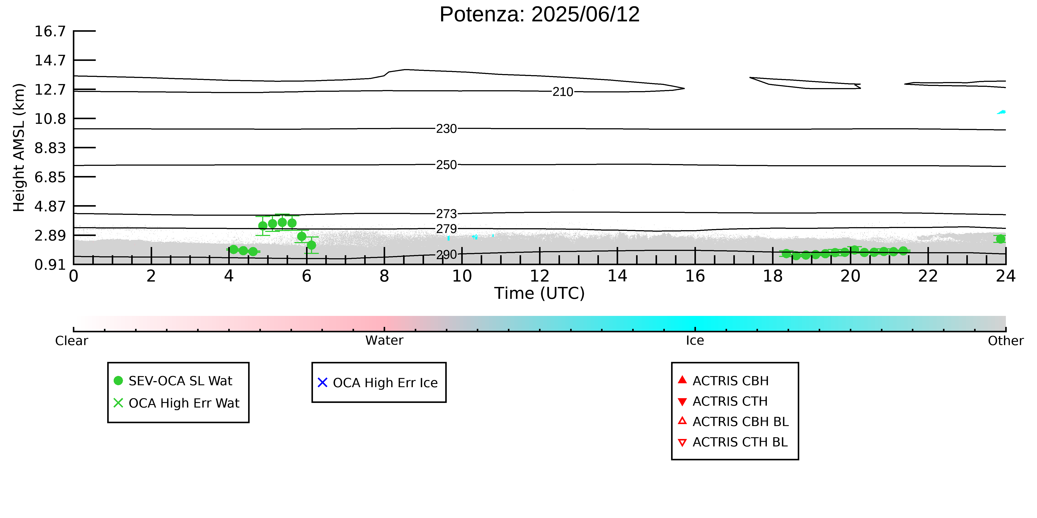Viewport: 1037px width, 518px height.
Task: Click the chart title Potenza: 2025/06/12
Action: click(x=539, y=14)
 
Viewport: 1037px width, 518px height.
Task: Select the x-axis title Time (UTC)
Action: click(x=539, y=293)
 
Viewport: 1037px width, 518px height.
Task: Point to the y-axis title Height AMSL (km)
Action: click(x=19, y=148)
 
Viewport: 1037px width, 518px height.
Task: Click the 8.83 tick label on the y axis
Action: click(x=50, y=148)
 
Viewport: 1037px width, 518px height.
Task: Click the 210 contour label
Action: click(x=563, y=92)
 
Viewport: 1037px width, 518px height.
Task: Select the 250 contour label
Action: click(x=447, y=165)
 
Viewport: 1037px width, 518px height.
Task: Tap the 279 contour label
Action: click(x=447, y=229)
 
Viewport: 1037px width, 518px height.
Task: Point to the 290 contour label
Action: click(x=447, y=255)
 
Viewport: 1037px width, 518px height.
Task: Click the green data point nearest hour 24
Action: click(x=1000, y=239)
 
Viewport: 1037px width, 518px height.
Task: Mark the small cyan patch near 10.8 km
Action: click(x=1002, y=112)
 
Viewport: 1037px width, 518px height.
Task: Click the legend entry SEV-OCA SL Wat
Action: click(x=173, y=381)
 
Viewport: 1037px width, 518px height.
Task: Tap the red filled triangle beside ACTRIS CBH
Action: click(x=682, y=380)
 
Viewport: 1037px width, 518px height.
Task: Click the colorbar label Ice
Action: click(x=695, y=341)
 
